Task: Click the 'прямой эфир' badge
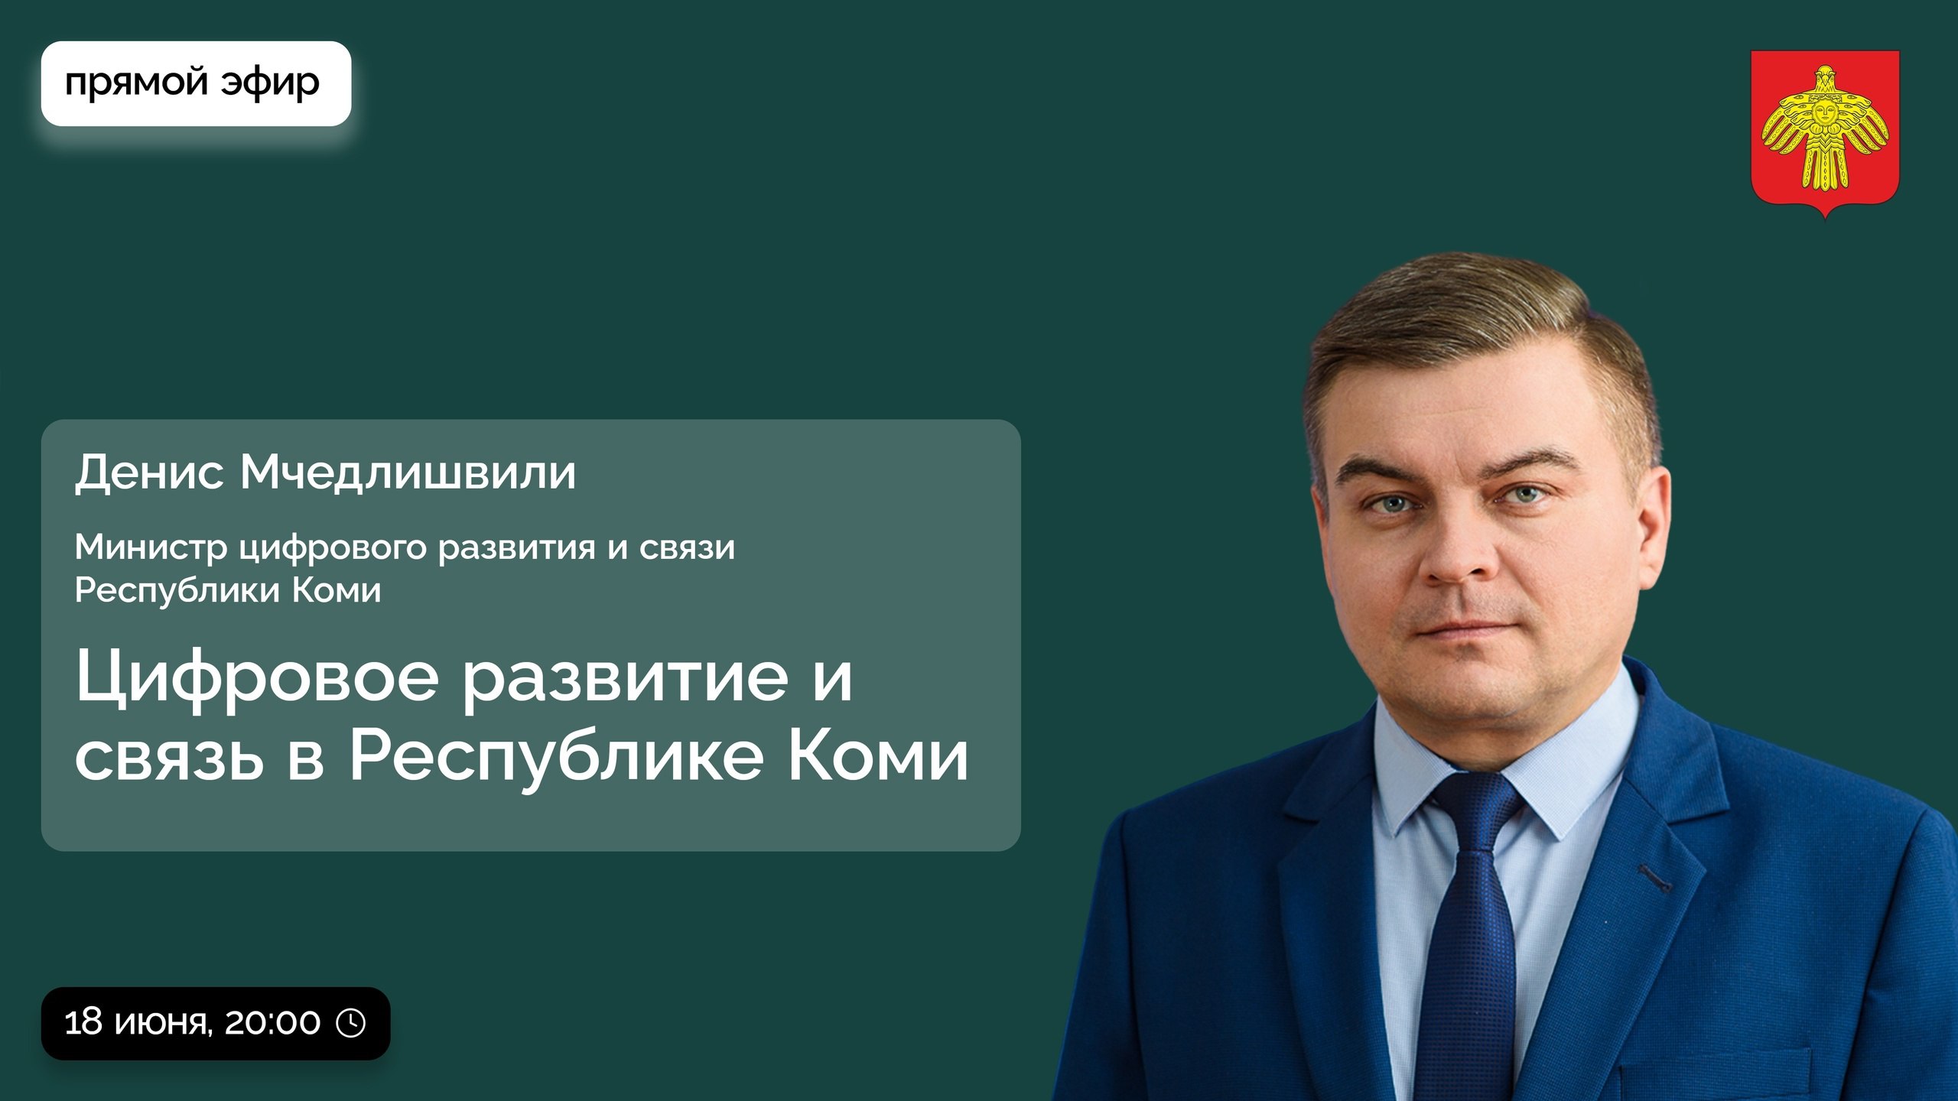(x=196, y=83)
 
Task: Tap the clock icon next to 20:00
(x=351, y=1023)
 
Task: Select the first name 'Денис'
(x=150, y=473)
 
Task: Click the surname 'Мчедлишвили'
(x=408, y=472)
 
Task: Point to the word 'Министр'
(x=151, y=547)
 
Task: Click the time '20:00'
(x=272, y=1023)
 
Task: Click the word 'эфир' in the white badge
(x=271, y=83)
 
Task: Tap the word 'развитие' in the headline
(x=626, y=679)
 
